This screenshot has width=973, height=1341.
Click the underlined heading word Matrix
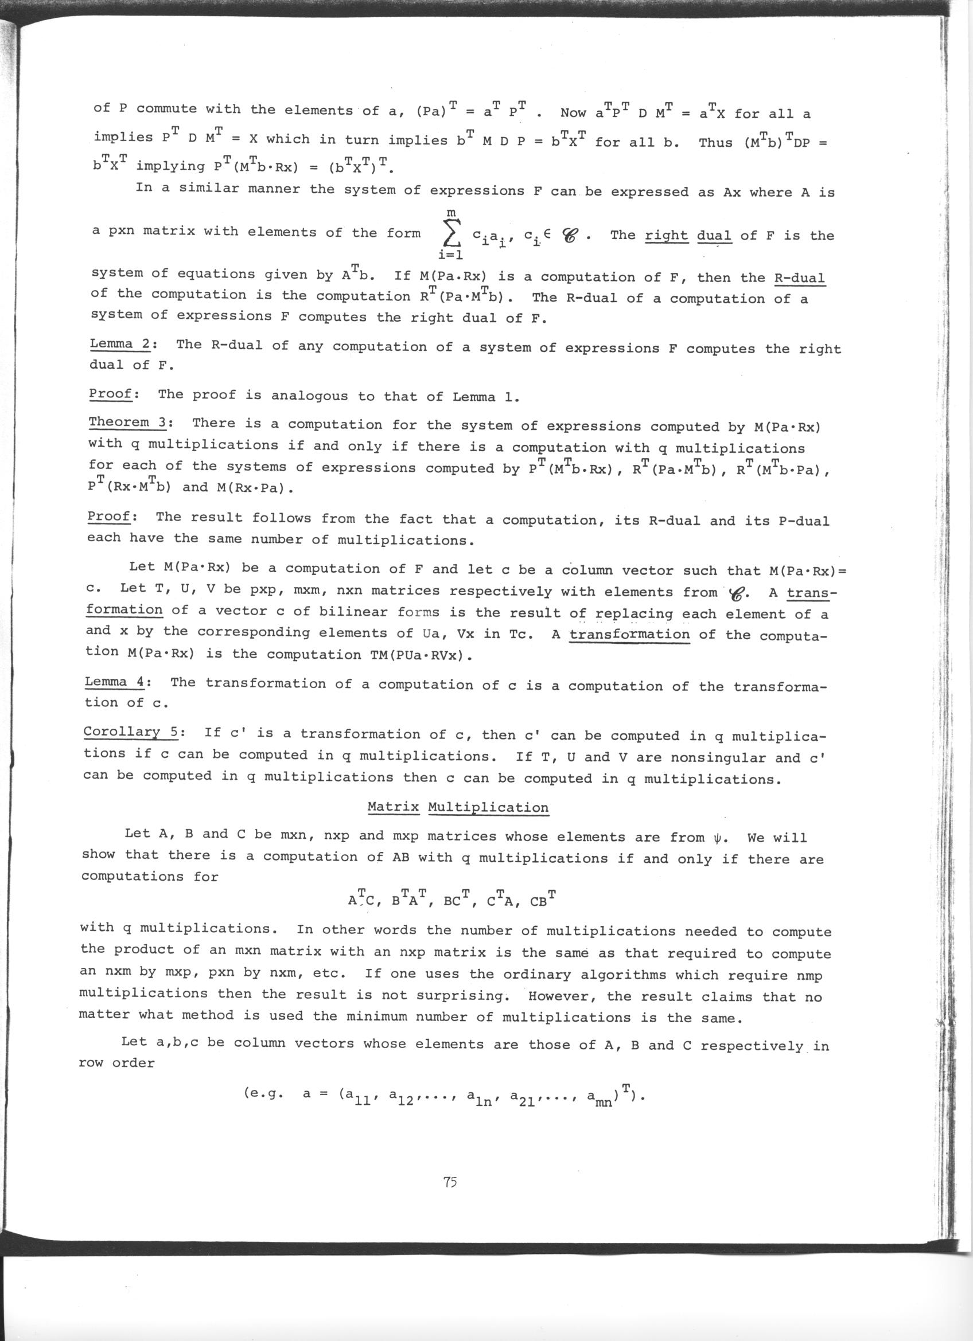coord(393,807)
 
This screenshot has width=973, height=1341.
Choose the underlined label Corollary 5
coord(131,732)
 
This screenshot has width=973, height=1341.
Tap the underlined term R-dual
coord(799,278)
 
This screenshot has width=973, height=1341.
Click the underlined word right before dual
coord(666,236)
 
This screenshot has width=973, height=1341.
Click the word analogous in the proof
coord(309,396)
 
